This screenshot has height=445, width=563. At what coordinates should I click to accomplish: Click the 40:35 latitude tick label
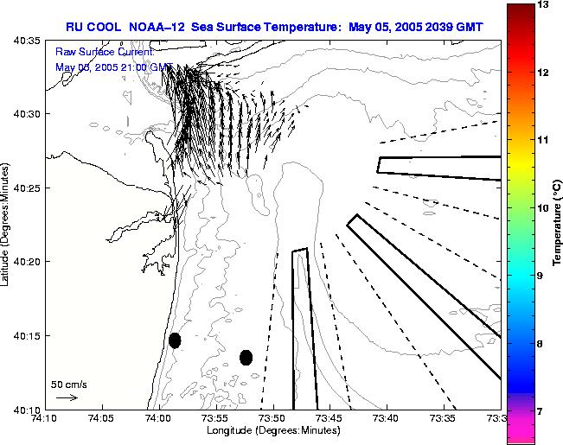(28, 41)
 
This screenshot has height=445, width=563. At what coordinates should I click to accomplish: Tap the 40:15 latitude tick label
(28, 335)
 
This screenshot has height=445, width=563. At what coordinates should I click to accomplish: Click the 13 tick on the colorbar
(541, 5)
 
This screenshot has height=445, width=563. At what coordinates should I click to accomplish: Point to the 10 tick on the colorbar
(541, 207)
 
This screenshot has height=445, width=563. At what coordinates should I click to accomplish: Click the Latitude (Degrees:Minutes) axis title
(7, 224)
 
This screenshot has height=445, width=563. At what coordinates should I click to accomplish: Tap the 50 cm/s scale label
(68, 384)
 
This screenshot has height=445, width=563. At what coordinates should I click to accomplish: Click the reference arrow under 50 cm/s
(67, 397)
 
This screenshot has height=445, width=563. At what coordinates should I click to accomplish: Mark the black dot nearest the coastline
(175, 340)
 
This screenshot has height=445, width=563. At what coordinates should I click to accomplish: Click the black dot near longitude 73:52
(246, 357)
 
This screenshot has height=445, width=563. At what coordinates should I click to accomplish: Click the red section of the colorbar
(520, 60)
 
